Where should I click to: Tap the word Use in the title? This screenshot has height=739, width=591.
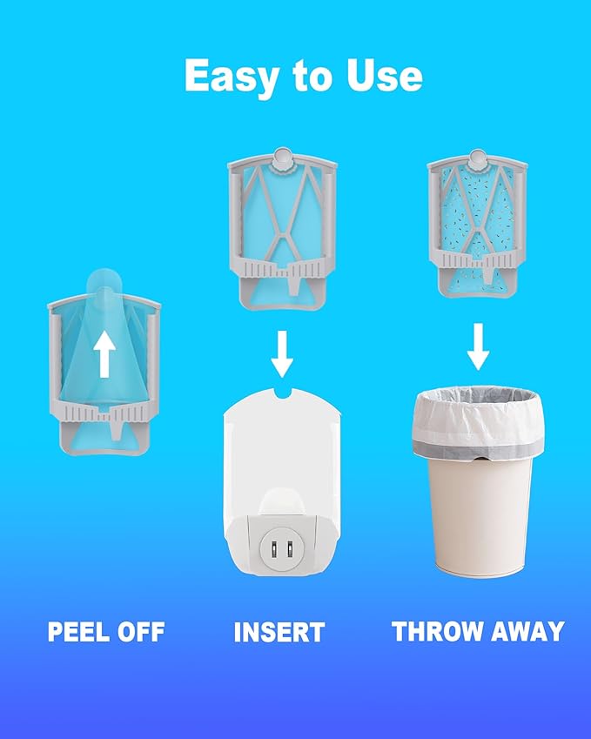[x=385, y=76]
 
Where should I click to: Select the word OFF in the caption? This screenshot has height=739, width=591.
[x=141, y=632]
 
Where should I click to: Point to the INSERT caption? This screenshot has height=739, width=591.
[x=279, y=632]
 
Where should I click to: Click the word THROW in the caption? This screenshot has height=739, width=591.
[x=439, y=631]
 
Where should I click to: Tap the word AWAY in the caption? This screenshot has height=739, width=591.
[x=527, y=631]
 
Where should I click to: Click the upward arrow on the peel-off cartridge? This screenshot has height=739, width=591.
[x=104, y=354]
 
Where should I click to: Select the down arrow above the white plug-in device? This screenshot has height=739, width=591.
[x=282, y=353]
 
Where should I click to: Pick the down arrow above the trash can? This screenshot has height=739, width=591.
[x=478, y=346]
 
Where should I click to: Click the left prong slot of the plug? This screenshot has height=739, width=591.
[x=273, y=549]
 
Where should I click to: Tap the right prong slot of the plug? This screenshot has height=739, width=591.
[x=290, y=549]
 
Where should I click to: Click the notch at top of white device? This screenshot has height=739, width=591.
[x=282, y=392]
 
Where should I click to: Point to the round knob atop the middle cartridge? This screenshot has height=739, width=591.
[x=282, y=158]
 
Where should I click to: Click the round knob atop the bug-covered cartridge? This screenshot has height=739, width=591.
[x=477, y=159]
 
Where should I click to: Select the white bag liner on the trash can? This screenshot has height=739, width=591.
[x=478, y=422]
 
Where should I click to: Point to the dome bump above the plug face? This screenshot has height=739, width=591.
[x=282, y=501]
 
